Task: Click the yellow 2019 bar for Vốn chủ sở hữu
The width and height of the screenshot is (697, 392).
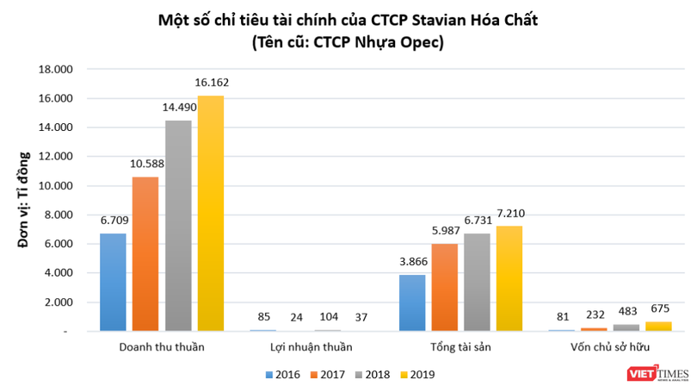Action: (658, 326)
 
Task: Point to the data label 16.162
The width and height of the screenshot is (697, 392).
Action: (211, 83)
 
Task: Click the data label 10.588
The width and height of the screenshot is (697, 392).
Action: (145, 164)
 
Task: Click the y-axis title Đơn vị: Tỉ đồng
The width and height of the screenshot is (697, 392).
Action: (25, 200)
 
